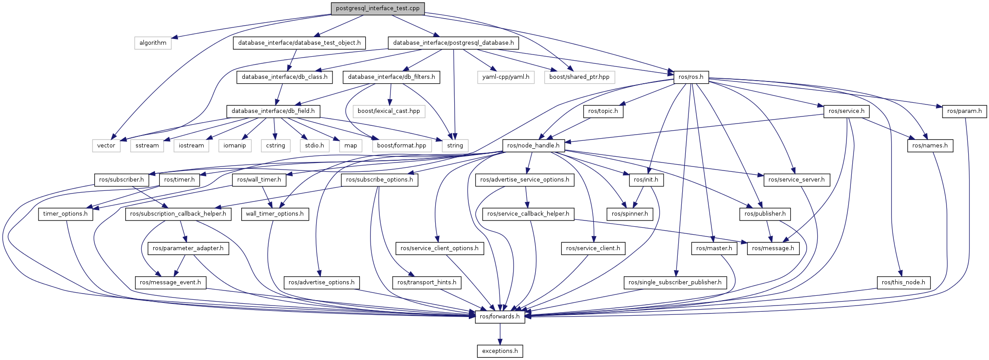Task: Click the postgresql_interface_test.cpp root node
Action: [378, 8]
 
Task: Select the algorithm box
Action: [153, 43]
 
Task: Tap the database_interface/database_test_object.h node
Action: [299, 43]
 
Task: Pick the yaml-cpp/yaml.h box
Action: [506, 77]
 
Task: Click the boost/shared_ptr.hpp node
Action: [579, 77]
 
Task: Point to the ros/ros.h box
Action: [691, 77]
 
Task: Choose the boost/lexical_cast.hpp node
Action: [389, 111]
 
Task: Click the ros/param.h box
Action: [964, 111]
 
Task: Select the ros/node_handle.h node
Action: [533, 146]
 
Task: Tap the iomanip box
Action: [235, 146]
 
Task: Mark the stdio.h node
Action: [314, 146]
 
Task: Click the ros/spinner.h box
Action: [630, 214]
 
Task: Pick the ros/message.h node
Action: [773, 248]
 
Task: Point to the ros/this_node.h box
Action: [903, 283]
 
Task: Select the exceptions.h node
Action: [500, 351]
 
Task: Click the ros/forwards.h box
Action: [500, 317]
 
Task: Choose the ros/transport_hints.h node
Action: [427, 283]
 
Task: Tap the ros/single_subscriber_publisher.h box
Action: [675, 283]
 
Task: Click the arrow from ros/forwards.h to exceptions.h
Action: [500, 334]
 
